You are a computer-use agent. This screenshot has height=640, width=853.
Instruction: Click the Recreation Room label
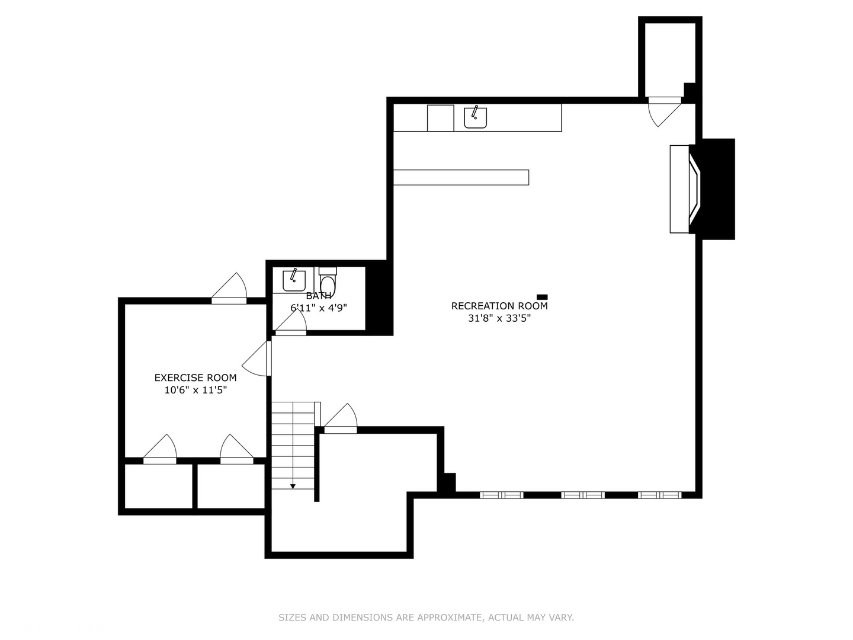coord(499,306)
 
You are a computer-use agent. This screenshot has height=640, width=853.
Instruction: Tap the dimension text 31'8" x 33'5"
coord(499,318)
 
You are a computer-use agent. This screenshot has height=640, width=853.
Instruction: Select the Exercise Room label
coord(195,377)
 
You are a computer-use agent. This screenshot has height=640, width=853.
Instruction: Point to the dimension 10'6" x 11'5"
coord(195,390)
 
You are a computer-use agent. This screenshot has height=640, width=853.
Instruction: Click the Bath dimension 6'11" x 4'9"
coord(319,308)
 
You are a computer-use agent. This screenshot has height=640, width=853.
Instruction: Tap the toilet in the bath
coord(328,281)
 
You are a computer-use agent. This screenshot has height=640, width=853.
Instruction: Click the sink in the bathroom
coord(294,280)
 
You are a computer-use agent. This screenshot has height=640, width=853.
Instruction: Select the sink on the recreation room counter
coord(475,117)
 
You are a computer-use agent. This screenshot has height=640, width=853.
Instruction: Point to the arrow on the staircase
coord(293,486)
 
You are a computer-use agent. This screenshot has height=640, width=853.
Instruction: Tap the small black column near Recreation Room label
coord(542,297)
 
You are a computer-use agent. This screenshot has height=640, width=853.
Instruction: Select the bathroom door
coord(291,324)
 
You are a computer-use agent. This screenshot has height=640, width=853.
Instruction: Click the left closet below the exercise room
coord(158,486)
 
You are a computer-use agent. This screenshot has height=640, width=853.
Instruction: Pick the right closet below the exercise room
coord(230,486)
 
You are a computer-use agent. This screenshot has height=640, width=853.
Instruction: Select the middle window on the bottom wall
coord(583,495)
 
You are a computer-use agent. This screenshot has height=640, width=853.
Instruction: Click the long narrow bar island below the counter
coord(461,177)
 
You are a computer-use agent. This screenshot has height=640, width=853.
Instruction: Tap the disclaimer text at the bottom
coord(426,617)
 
